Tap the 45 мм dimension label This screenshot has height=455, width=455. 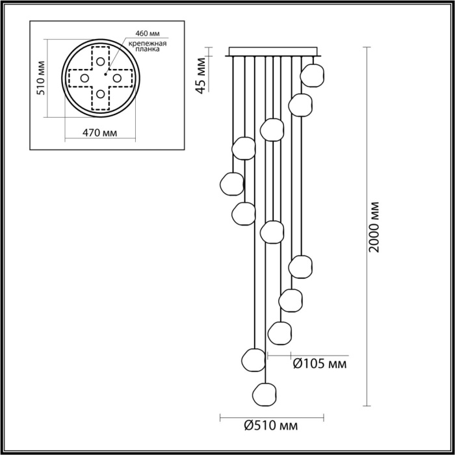(203, 76)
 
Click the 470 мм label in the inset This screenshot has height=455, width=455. (101, 134)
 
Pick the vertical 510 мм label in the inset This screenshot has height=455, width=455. (41, 78)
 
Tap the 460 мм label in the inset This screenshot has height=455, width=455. (148, 32)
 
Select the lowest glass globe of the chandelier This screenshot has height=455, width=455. (264, 394)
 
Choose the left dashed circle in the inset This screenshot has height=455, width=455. (84, 78)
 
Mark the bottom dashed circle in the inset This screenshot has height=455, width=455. (100, 94)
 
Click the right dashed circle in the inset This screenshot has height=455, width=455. (117, 78)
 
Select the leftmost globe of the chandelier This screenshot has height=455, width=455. (231, 183)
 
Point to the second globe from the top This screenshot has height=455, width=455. (300, 105)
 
